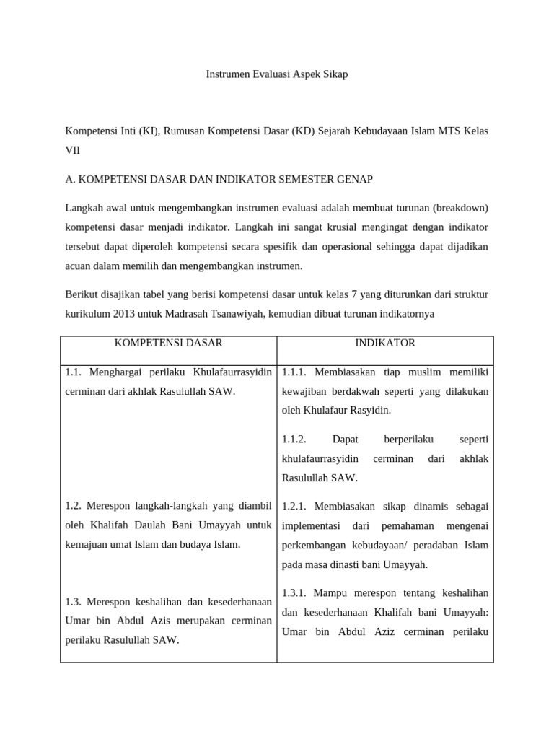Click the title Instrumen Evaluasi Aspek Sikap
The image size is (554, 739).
point(277,74)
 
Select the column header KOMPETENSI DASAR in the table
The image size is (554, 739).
point(169,343)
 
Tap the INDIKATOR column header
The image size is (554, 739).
point(385,343)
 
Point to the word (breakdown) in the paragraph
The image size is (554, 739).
point(461,208)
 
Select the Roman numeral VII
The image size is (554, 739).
point(73,150)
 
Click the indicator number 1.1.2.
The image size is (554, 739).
point(295,439)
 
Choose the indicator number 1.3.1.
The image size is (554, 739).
point(295,592)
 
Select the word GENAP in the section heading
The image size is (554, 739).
point(351,179)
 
